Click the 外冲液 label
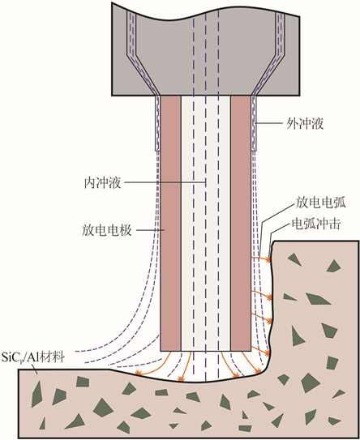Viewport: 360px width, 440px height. [305, 123]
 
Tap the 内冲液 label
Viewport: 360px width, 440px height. [102, 182]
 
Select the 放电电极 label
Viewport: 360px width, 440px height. [107, 230]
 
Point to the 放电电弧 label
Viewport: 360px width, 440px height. [320, 203]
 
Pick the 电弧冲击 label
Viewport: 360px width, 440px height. [316, 224]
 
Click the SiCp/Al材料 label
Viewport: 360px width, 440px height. [33, 357]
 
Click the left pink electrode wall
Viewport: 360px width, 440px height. [170, 223]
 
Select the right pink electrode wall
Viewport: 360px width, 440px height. [241, 223]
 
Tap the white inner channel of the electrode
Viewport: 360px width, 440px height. [206, 223]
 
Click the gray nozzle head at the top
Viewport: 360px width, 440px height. [206, 50]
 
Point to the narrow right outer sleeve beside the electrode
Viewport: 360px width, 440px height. [254, 123]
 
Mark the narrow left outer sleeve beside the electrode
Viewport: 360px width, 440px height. [158, 123]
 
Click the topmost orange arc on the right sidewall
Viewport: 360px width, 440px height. [261, 258]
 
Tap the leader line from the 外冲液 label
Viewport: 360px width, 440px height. [268, 123]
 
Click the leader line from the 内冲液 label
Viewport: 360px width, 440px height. [165, 182]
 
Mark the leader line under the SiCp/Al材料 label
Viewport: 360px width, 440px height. [34, 369]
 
